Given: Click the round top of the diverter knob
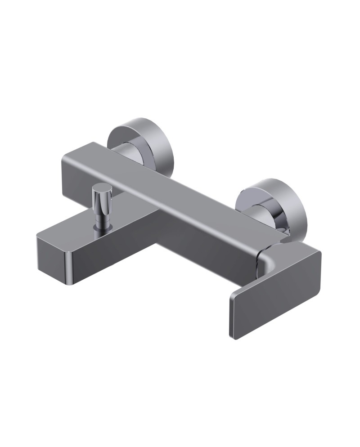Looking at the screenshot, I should click(x=101, y=189).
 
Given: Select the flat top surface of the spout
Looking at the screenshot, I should click(x=103, y=228).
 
